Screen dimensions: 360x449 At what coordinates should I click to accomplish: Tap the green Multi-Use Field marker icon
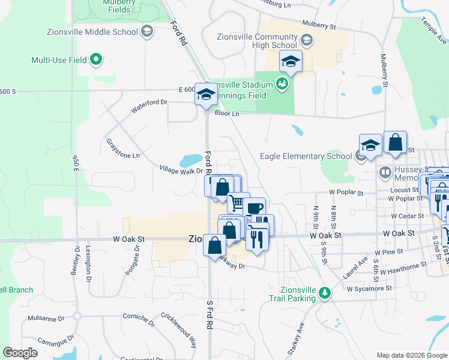[x=95, y=60]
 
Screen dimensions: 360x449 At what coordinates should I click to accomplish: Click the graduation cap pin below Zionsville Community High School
[x=291, y=62]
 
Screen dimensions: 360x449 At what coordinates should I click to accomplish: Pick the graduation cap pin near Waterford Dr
[x=206, y=95]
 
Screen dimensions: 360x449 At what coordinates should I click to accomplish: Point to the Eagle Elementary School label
[x=306, y=156]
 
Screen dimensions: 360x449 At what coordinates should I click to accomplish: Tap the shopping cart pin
[x=238, y=202]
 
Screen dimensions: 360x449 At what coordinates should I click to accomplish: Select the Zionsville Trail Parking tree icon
[x=325, y=292]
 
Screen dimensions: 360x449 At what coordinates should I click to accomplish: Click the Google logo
[x=20, y=353]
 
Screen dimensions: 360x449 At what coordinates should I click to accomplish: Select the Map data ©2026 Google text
[x=411, y=355]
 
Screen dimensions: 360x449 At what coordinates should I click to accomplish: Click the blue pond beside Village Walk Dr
[x=191, y=160]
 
